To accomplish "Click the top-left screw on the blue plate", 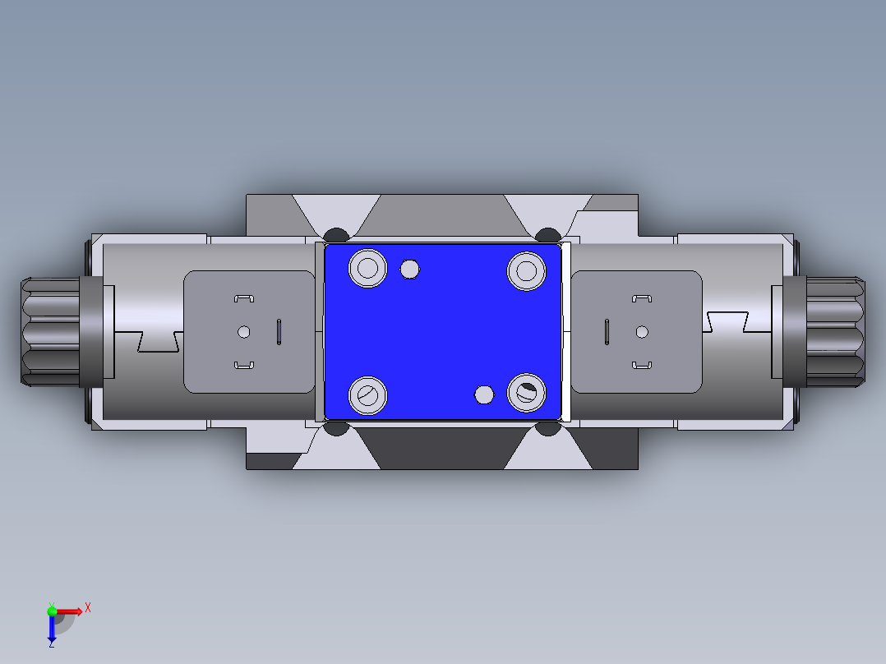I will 368,268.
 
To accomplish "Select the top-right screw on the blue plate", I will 526,270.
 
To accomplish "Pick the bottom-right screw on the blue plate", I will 526,393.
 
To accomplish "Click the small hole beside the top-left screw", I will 409,269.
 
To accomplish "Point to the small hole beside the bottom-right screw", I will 484,395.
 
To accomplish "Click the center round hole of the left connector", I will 242,332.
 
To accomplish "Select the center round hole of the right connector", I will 642,332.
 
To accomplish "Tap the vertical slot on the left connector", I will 279,332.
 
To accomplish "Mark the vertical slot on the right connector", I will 607,332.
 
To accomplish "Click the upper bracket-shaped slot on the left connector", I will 243,298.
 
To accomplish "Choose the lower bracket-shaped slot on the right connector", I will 642,364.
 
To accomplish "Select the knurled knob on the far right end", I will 836,332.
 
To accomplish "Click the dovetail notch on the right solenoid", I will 727,322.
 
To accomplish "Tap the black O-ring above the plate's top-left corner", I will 336,235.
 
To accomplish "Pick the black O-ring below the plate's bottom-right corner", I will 547,428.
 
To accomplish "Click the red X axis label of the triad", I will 88,607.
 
